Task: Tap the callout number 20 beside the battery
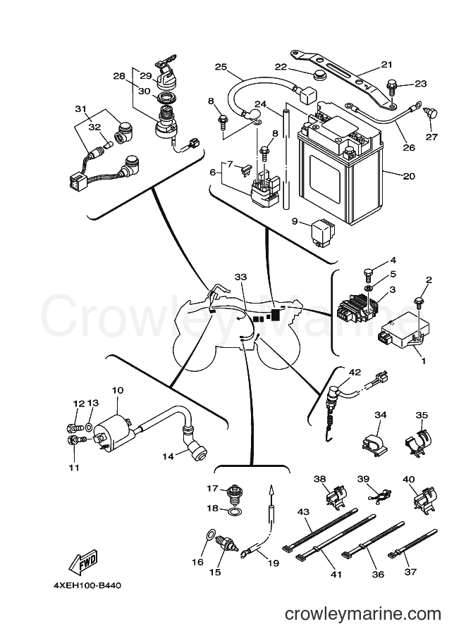tap(409, 176)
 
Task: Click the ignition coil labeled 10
tap(113, 435)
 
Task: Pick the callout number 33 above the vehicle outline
tap(240, 277)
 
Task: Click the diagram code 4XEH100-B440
tap(87, 585)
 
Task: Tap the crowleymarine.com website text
tap(362, 614)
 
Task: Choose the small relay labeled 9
tap(323, 232)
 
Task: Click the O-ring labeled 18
tap(235, 511)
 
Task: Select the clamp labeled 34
tap(374, 441)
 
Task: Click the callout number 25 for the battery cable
tap(221, 67)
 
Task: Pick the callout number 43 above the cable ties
tap(303, 512)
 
